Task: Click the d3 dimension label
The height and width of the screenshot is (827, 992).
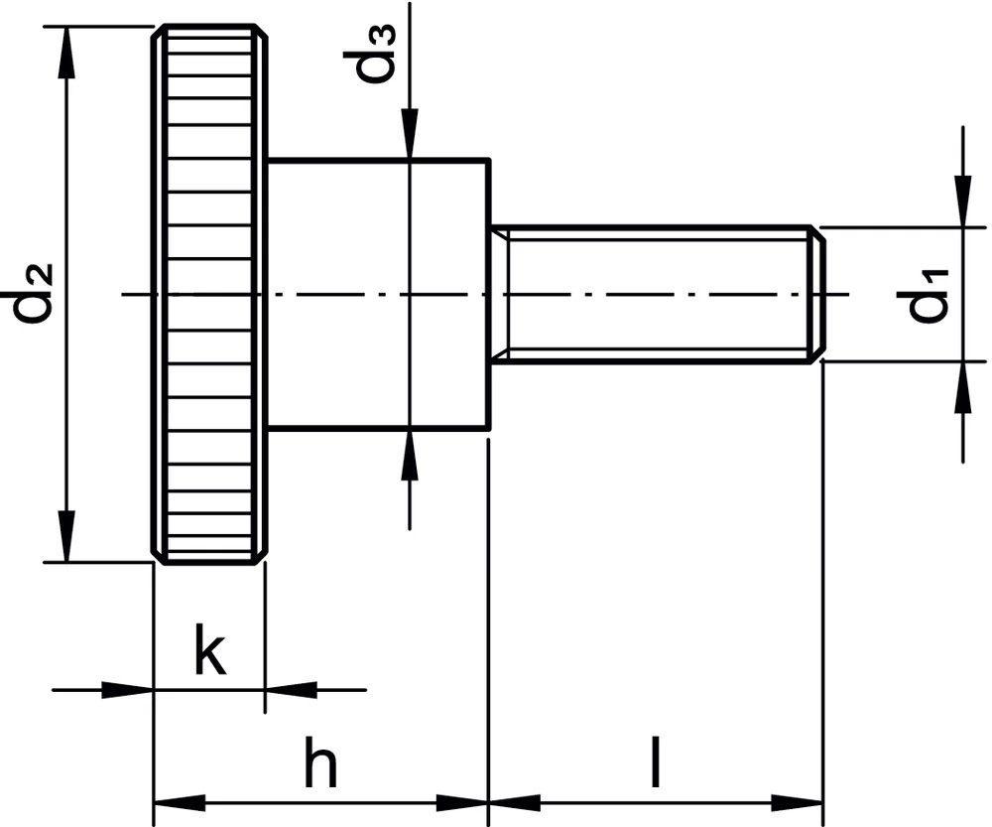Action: tap(370, 55)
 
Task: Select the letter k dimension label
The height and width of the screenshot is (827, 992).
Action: tap(210, 649)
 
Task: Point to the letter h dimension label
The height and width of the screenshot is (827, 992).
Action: tap(320, 760)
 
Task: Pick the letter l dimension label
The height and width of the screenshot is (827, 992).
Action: tap(656, 761)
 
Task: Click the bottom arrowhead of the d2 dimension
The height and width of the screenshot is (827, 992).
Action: tap(66, 536)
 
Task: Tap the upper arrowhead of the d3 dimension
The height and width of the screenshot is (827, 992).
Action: tap(410, 133)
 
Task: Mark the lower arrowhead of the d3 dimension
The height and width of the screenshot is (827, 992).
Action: tap(410, 456)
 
